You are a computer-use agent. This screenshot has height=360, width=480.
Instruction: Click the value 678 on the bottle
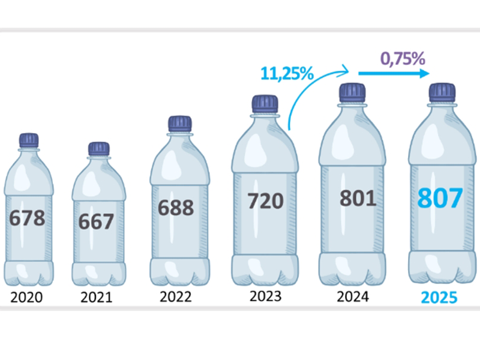tap(28, 218)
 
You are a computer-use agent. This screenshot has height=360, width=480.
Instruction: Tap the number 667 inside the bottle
tap(96, 221)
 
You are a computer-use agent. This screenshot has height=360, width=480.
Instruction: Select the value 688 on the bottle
tap(176, 208)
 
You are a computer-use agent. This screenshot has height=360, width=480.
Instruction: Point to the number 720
tap(265, 201)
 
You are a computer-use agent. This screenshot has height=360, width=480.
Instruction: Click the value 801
tap(357, 197)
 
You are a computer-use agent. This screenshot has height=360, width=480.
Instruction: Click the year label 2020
tap(27, 297)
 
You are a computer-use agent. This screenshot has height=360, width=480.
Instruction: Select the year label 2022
tap(176, 297)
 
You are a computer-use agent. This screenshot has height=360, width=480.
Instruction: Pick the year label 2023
tap(265, 296)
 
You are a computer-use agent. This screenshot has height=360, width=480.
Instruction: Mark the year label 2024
tap(353, 296)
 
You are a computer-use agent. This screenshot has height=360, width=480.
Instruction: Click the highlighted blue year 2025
tap(439, 298)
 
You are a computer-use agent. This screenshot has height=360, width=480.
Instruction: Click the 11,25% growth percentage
tap(287, 74)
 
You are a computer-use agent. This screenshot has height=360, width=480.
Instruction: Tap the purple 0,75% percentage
tap(403, 59)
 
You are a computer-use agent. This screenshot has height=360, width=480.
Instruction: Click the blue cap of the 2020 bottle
tap(28, 140)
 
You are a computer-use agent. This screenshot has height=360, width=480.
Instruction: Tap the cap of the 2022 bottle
tap(179, 124)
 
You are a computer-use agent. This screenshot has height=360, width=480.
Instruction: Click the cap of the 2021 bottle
tap(98, 149)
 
